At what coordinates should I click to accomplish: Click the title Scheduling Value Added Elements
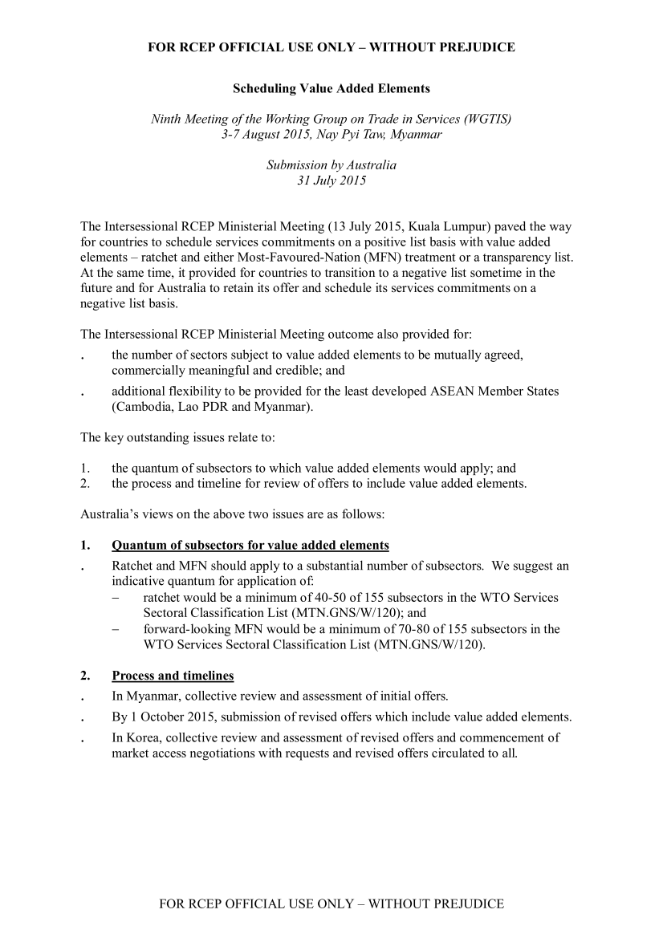click(331, 88)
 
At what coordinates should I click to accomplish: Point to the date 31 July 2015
click(331, 181)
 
